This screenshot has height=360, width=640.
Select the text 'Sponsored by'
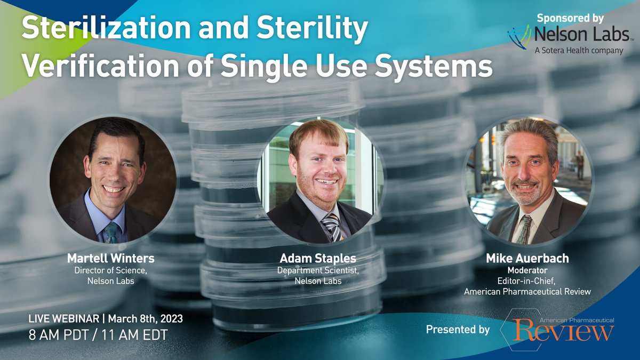click(570, 18)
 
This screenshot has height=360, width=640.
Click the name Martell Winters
click(110, 259)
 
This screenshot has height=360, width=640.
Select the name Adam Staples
click(318, 259)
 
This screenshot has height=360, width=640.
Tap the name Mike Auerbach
click(527, 259)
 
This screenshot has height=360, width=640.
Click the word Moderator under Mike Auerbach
click(527, 270)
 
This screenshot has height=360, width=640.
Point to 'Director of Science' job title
click(110, 270)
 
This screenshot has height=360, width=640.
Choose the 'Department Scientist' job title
click(318, 270)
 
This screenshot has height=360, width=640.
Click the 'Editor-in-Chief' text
click(527, 281)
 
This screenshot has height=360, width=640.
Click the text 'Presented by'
click(458, 330)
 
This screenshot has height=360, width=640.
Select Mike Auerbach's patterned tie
click(524, 229)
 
